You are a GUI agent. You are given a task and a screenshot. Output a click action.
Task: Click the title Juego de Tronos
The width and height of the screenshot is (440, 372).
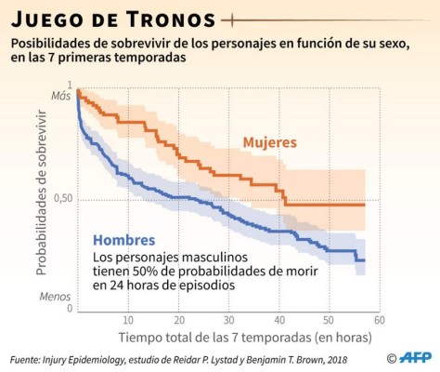pos(112,19)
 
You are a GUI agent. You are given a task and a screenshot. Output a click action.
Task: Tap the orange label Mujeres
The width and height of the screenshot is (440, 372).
pos(269,142)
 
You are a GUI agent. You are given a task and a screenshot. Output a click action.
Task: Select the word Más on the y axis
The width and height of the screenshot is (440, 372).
pos(61,96)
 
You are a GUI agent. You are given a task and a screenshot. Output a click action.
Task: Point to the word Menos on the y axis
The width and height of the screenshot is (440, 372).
pos(57,297)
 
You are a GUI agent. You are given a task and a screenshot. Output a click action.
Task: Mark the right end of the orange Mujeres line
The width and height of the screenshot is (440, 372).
pos(365,204)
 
